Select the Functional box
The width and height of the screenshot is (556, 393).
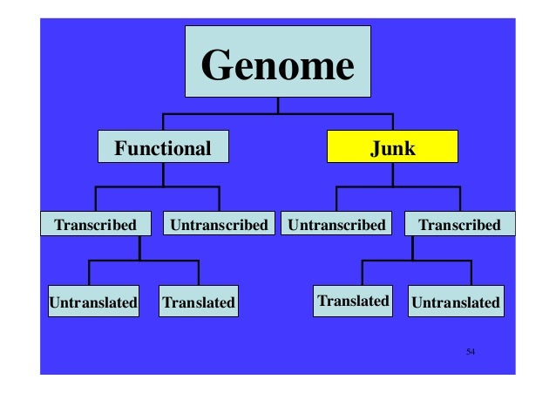pos(162,148)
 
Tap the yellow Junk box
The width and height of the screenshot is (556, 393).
pos(392,148)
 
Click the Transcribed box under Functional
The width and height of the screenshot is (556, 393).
pos(96,225)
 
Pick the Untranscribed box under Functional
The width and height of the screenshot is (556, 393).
pos(219,225)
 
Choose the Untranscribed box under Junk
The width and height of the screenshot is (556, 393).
pos(336,225)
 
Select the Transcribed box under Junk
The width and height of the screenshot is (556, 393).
pos(459,225)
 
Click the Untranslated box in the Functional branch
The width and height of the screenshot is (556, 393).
pos(92,302)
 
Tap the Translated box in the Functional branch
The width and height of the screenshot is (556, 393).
pos(198,302)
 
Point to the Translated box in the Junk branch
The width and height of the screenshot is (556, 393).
pos(353,302)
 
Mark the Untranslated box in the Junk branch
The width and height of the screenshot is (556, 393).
pos(455,302)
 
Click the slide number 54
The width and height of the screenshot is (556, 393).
pos(470,351)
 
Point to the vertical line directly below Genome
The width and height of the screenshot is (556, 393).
pos(277,105)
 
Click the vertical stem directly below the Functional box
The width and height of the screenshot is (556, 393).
pos(162,174)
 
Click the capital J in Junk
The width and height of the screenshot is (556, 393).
pos(375,148)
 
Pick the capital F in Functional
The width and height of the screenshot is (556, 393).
pos(120,148)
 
